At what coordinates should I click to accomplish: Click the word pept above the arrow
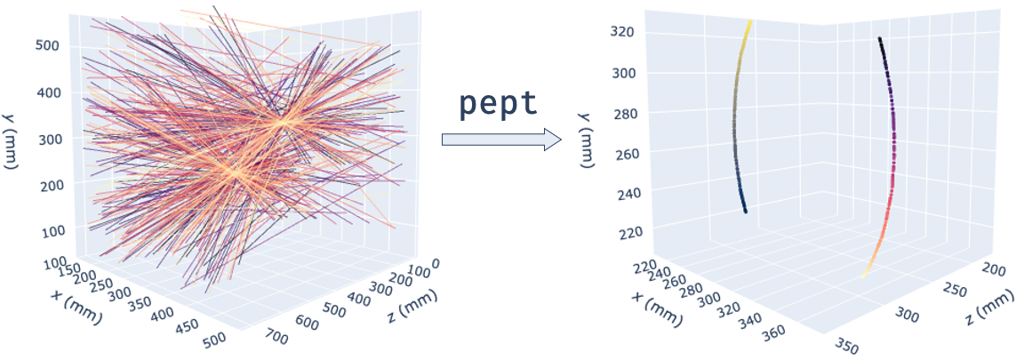[x=498, y=103]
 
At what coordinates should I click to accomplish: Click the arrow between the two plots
[x=501, y=139]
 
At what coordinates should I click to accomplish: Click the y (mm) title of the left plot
[x=19, y=140]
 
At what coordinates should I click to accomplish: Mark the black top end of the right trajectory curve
[x=879, y=38]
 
